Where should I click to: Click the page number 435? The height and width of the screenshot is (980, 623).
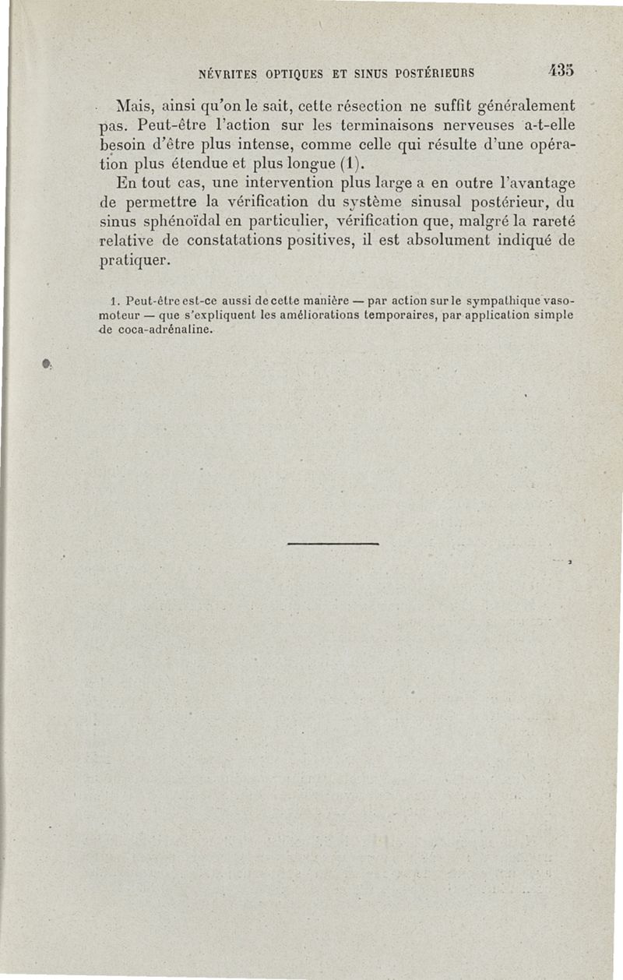click(560, 70)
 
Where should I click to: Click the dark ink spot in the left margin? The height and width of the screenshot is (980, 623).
click(48, 364)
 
